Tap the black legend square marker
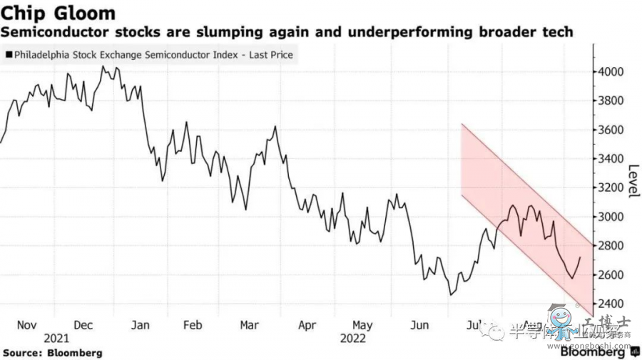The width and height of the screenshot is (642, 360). tap(8, 53)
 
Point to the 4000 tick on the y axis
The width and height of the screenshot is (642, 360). tap(611, 72)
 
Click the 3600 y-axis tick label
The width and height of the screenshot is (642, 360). tap(611, 130)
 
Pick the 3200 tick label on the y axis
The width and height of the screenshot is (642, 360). tap(611, 188)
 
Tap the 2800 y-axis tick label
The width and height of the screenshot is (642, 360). tap(611, 247)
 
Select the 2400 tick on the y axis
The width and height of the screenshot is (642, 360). tap(611, 304)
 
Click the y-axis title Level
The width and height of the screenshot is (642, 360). tap(633, 181)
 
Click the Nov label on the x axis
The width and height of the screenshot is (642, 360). tap(26, 324)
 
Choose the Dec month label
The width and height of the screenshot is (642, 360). tap(83, 324)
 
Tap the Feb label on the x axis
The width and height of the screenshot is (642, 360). tap(193, 324)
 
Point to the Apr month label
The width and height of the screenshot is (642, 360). tap(307, 324)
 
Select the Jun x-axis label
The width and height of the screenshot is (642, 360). tap(420, 324)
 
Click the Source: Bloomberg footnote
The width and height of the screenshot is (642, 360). tap(52, 353)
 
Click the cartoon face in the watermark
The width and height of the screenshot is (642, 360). tap(558, 315)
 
